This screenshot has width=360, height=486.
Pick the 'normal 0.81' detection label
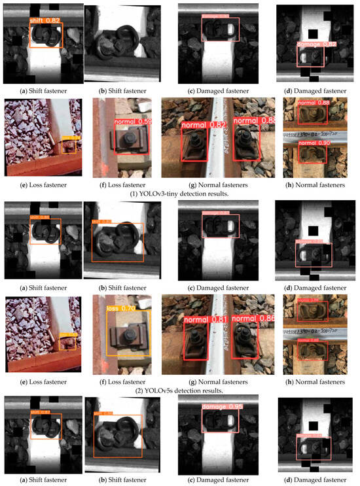coord(201,320)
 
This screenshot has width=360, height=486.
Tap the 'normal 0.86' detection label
coord(251,320)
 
